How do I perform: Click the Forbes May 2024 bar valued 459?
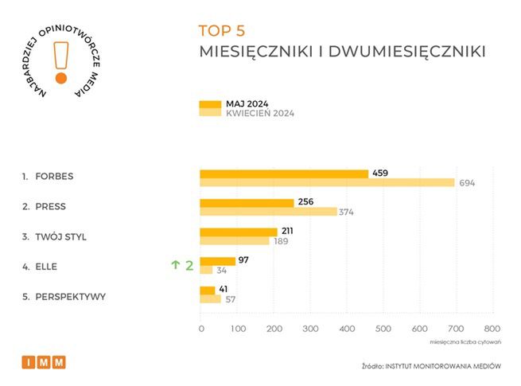click(x=283, y=174)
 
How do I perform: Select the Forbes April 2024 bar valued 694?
click(x=326, y=183)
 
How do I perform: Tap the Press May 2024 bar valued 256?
click(x=247, y=203)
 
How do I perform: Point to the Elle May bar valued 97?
click(x=217, y=261)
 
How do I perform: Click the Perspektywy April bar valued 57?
click(x=210, y=299)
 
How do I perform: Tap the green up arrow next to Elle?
click(x=176, y=266)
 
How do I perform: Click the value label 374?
click(x=346, y=212)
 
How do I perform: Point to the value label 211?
click(x=289, y=232)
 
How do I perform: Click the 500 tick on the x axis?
click(x=383, y=328)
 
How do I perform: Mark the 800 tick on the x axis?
click(x=492, y=328)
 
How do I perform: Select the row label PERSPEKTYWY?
click(x=70, y=297)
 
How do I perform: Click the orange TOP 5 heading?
click(x=222, y=31)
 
